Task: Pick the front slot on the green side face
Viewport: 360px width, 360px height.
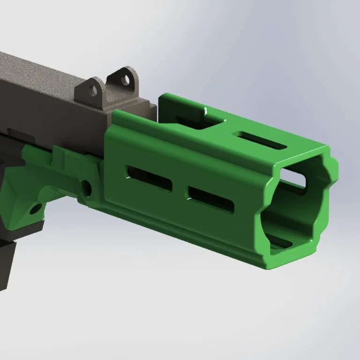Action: point(211,199)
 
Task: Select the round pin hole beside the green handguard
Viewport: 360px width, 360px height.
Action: point(86,187)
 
